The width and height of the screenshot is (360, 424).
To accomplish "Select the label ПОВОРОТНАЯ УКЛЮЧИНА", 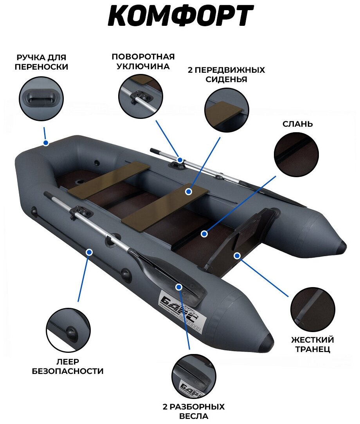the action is coord(142,61).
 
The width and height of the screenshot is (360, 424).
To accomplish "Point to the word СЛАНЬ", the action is coord(298,124).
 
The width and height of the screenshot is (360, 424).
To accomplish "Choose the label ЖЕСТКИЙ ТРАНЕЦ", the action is coord(312,344).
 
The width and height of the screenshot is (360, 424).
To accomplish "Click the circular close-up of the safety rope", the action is coord(68,331).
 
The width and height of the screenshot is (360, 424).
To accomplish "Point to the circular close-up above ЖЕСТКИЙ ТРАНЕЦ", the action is coord(313,310).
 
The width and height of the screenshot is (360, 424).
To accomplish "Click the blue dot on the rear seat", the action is coord(188,192).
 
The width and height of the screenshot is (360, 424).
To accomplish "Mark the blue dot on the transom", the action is coord(237,255).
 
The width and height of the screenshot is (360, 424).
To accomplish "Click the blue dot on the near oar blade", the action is coord(179,287).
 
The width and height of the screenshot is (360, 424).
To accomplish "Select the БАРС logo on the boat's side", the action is coord(180,311).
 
